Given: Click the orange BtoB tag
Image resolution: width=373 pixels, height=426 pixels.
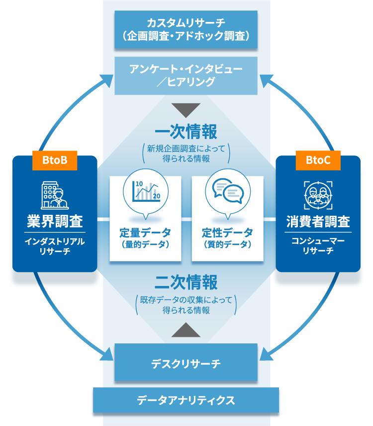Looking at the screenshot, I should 55,160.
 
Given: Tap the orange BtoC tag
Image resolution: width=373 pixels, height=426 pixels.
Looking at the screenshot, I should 317,160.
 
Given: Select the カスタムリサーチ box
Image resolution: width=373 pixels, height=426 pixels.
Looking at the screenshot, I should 186,29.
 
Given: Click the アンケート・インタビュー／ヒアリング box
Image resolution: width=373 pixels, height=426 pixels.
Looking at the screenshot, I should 186,76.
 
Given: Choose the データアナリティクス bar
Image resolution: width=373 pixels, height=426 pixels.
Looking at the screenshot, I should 186,400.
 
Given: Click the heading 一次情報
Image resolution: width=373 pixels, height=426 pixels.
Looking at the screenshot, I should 186,132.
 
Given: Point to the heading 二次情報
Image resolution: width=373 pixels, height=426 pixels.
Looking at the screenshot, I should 186,283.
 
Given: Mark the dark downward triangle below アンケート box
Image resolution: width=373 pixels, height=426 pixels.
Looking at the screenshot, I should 186,110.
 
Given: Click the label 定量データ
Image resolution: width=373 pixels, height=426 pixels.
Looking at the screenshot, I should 145,233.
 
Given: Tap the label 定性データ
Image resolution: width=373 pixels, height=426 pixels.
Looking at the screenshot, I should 227,233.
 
